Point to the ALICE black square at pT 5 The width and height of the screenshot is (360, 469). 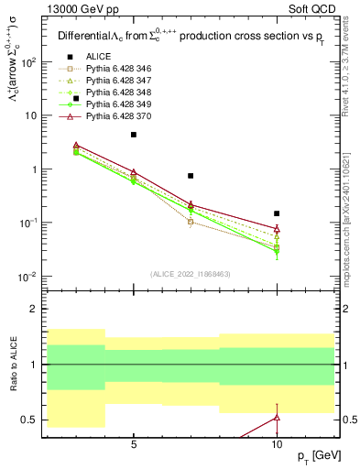[x=134, y=135]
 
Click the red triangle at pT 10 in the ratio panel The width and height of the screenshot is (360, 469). [x=277, y=418]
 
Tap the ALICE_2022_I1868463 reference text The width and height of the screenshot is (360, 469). [x=191, y=273]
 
